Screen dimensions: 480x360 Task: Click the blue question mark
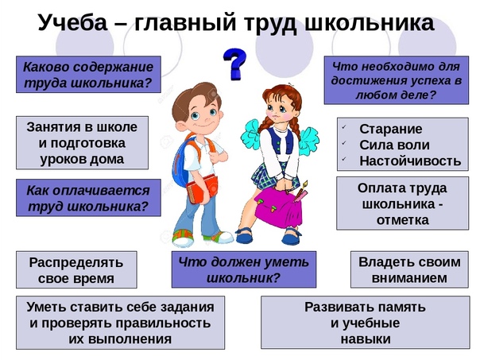click(234, 64)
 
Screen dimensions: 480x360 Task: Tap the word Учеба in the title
click(73, 23)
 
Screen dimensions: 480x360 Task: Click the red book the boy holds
click(202, 188)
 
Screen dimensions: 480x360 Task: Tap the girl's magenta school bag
click(278, 207)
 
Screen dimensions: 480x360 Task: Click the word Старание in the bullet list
click(391, 129)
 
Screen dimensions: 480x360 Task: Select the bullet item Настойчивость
click(410, 161)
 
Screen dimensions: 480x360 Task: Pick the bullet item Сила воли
click(394, 145)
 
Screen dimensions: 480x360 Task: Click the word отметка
click(403, 220)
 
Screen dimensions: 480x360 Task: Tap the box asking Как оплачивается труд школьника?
click(88, 198)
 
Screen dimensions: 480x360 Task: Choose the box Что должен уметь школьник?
click(244, 269)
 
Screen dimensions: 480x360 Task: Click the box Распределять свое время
click(76, 269)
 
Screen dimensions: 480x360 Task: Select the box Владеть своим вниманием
click(409, 269)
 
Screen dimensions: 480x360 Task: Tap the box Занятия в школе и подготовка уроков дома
click(82, 143)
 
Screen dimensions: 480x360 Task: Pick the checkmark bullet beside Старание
click(344, 126)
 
